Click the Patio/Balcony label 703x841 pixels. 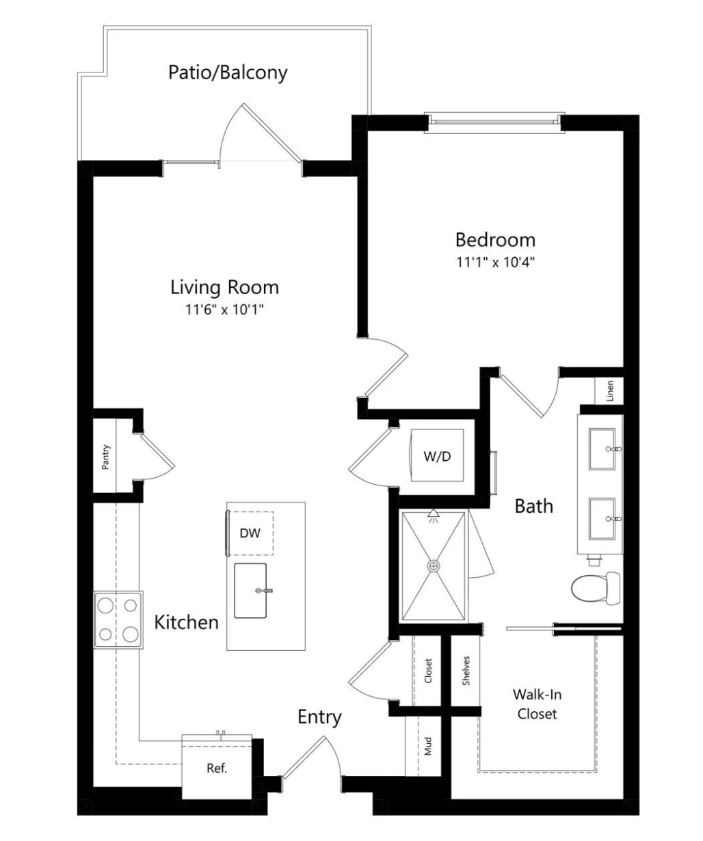click(x=228, y=73)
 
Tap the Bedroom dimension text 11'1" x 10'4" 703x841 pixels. click(x=494, y=262)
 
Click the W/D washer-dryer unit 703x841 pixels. click(x=437, y=455)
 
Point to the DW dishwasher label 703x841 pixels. click(x=250, y=533)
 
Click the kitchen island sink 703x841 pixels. click(x=250, y=591)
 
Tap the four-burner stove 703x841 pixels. click(x=118, y=619)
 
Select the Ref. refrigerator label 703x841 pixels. click(x=217, y=768)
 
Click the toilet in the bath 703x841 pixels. click(x=596, y=588)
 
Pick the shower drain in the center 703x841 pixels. click(x=434, y=566)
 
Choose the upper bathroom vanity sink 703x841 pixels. click(x=602, y=449)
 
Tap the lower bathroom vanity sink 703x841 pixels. click(x=602, y=519)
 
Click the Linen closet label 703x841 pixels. click(x=610, y=390)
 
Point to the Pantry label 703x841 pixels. click(x=105, y=457)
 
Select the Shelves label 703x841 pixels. click(x=466, y=671)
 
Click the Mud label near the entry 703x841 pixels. click(x=428, y=746)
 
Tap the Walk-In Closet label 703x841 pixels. click(x=537, y=704)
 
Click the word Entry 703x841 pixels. click(x=319, y=717)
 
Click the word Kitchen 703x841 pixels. click(x=187, y=622)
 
